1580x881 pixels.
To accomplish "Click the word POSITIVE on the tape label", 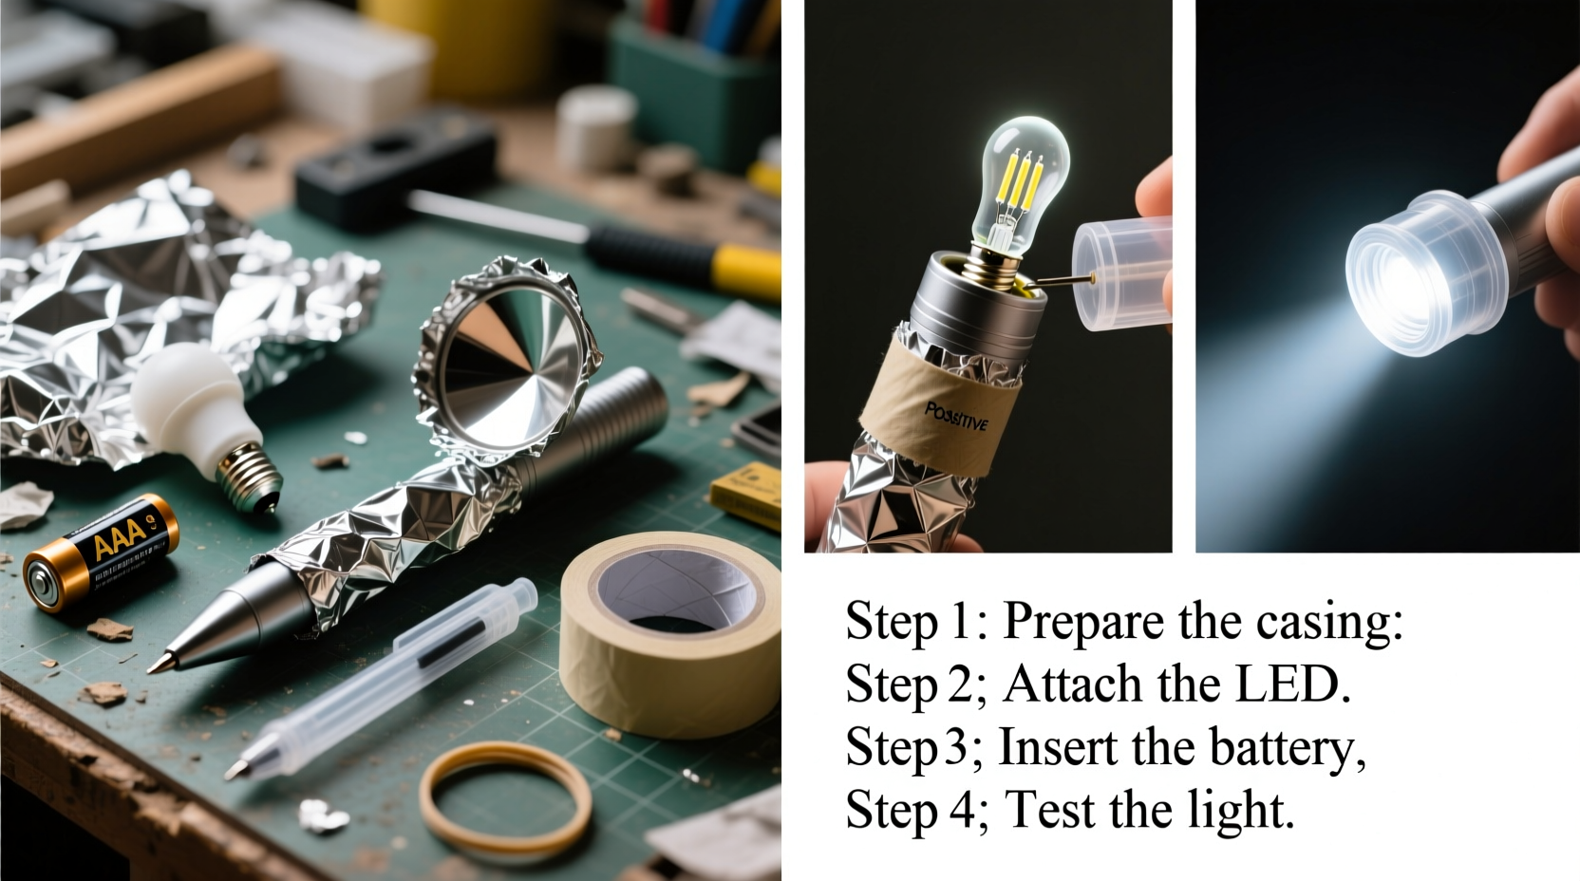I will tap(955, 416).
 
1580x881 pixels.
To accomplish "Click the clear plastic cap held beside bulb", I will tap(1120, 271).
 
